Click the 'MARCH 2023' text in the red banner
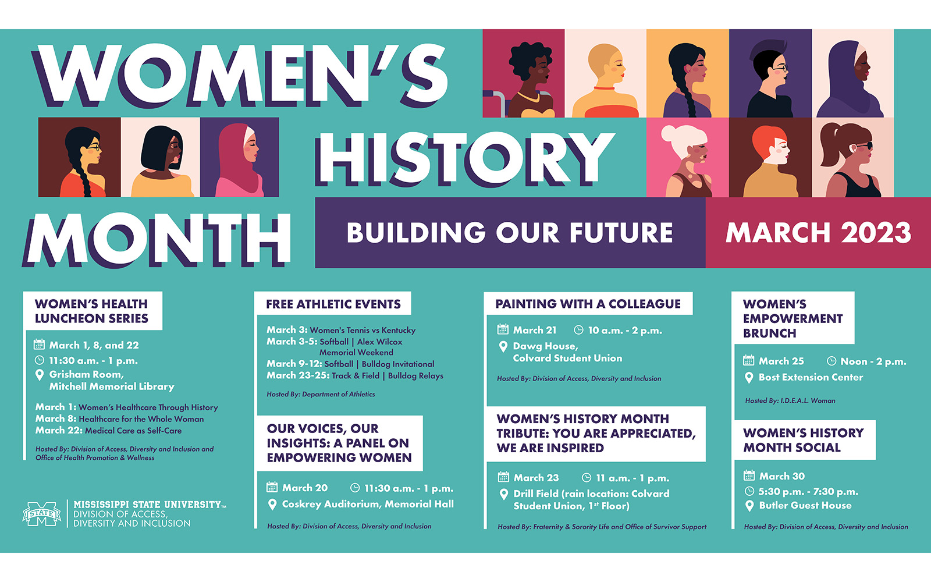(x=818, y=232)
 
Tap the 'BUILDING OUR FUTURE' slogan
(x=510, y=232)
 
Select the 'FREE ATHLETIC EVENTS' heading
(x=333, y=304)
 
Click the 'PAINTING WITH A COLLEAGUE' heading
(x=588, y=304)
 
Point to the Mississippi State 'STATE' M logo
(x=41, y=514)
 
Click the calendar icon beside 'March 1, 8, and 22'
(x=39, y=344)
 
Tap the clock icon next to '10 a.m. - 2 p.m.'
(x=578, y=330)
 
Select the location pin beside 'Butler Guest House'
(x=749, y=506)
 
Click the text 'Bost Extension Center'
(x=811, y=377)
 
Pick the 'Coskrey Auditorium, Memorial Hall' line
(x=368, y=504)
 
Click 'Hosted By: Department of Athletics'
(x=321, y=394)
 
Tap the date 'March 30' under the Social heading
(x=782, y=476)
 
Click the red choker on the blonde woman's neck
(x=605, y=88)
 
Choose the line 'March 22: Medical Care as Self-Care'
(x=108, y=430)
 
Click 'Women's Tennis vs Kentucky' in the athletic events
(x=363, y=330)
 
